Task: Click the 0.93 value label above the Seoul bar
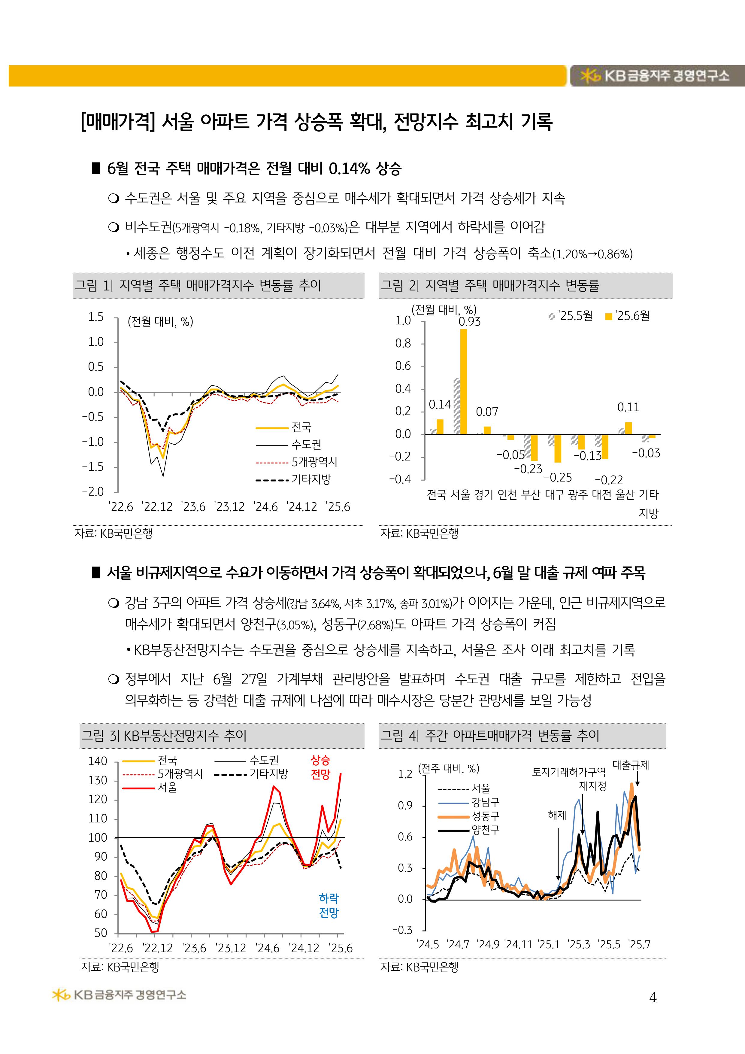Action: pos(470,322)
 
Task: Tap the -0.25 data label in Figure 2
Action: pos(558,477)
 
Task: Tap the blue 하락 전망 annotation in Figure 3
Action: pos(329,905)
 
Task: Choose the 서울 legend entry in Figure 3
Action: pos(167,787)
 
